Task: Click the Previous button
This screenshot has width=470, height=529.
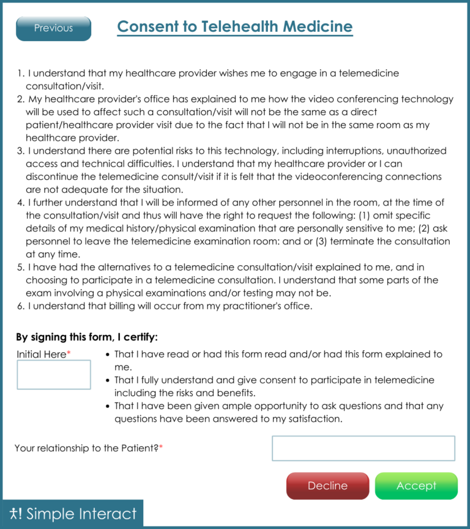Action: tap(53, 28)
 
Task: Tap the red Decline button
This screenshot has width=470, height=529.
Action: tap(327, 486)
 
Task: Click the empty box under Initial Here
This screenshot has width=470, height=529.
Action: tap(54, 375)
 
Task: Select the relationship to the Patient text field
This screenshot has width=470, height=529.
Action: tap(363, 448)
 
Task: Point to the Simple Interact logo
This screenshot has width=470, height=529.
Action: tap(72, 514)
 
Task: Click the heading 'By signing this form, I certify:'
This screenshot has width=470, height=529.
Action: tap(87, 337)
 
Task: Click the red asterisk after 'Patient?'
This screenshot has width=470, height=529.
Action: tap(161, 448)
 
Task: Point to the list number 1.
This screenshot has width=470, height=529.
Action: tap(20, 73)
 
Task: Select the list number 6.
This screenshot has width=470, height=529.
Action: tap(20, 306)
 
